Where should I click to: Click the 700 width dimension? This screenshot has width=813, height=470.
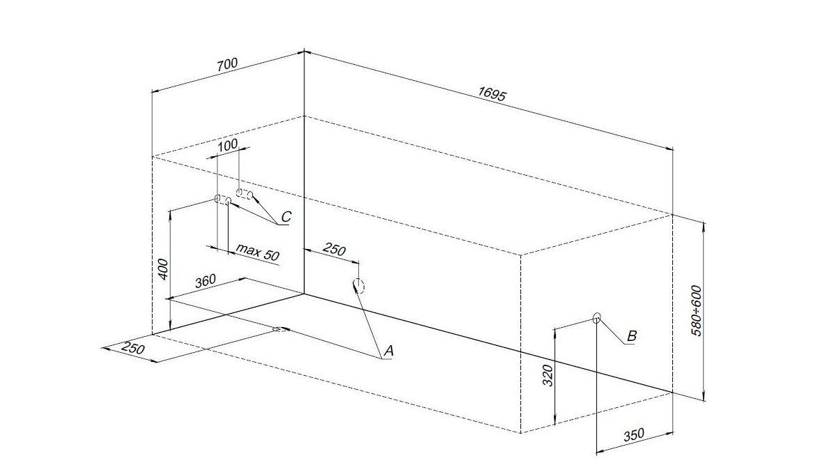pyautogui.click(x=227, y=64)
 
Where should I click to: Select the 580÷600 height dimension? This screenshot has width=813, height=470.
pyautogui.click(x=697, y=310)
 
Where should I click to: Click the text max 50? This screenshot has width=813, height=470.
pyautogui.click(x=257, y=252)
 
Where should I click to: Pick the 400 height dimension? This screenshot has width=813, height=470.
pyautogui.click(x=162, y=268)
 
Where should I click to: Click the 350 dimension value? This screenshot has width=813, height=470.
pyautogui.click(x=633, y=434)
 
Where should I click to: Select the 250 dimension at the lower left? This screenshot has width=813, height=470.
pyautogui.click(x=131, y=349)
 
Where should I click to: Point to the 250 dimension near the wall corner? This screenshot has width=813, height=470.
pyautogui.click(x=334, y=250)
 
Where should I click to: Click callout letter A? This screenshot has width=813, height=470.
pyautogui.click(x=389, y=352)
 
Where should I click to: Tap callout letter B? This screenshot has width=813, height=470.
pyautogui.click(x=631, y=336)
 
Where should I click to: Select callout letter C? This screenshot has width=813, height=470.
pyautogui.click(x=286, y=218)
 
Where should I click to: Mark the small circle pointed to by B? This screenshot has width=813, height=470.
pyautogui.click(x=596, y=318)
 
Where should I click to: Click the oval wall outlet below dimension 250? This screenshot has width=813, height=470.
pyautogui.click(x=358, y=286)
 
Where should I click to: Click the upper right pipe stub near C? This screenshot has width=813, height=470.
pyautogui.click(x=244, y=193)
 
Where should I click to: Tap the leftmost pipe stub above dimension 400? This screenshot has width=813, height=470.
pyautogui.click(x=217, y=199)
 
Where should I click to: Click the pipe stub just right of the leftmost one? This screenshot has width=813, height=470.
pyautogui.click(x=229, y=201)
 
